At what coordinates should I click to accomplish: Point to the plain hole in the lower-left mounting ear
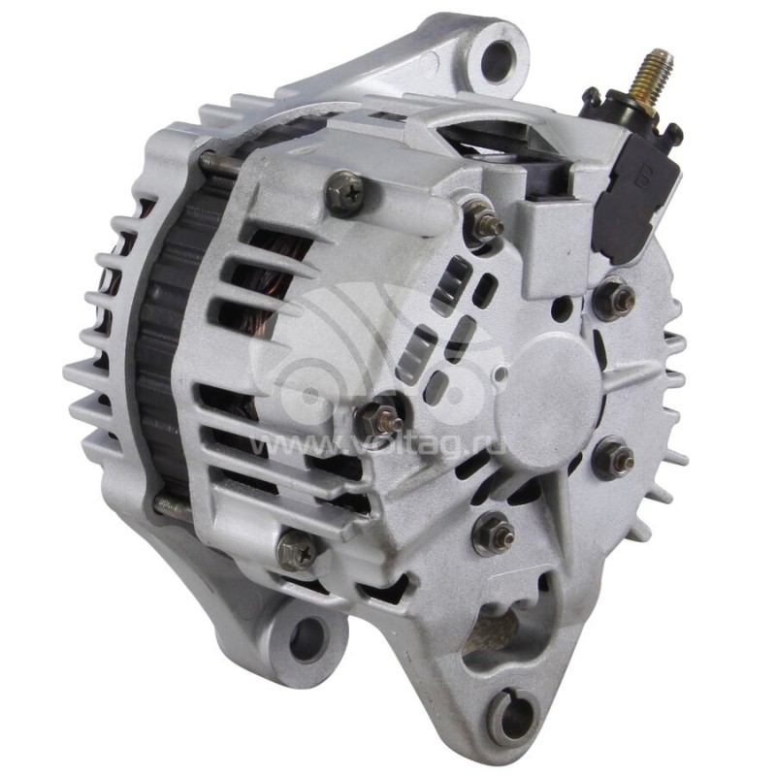tap(307, 637)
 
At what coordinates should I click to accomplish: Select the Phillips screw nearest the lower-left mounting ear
tap(297, 552)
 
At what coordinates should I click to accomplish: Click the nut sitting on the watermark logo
tap(378, 417)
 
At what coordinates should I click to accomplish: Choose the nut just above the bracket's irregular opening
tap(496, 533)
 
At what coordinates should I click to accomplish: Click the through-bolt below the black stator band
tap(175, 503)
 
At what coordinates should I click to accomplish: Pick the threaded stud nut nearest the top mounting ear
tap(484, 224)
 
